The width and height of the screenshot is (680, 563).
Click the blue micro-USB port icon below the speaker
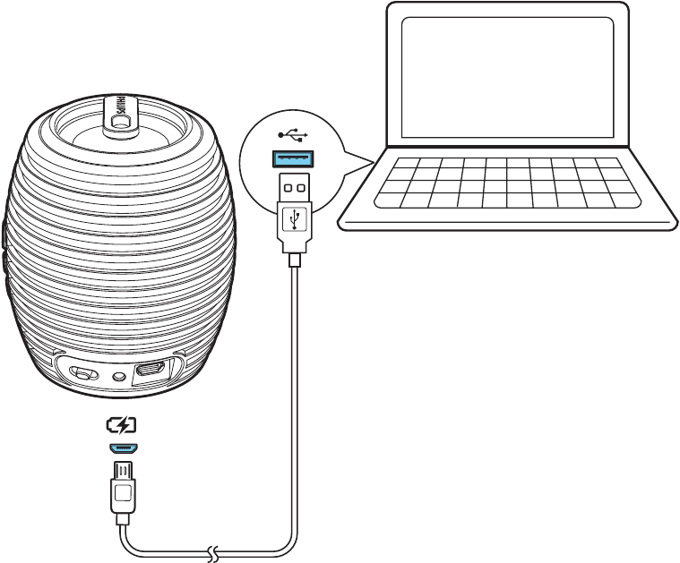[122, 447]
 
